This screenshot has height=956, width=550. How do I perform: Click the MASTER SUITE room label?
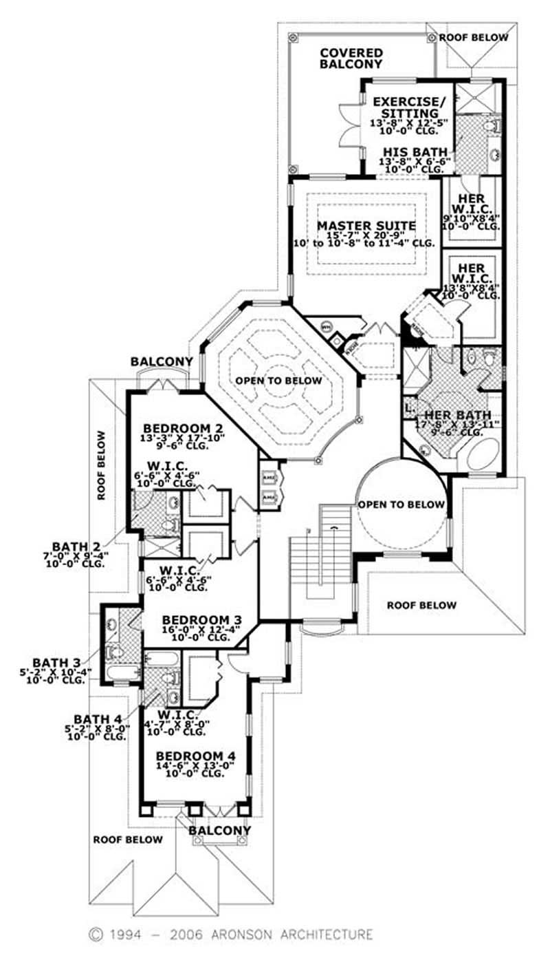[x=366, y=226]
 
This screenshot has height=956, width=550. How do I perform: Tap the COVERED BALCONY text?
[x=351, y=59]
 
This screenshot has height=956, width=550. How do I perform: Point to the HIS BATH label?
[x=415, y=152]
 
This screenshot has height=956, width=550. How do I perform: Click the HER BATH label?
[x=457, y=415]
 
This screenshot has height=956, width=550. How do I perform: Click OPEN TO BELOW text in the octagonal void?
[x=278, y=381]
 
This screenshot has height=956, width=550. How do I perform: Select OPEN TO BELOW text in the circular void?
[x=401, y=504]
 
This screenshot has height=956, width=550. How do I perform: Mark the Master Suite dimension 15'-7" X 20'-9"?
[x=366, y=235]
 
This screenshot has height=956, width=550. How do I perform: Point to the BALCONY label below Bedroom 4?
[x=219, y=831]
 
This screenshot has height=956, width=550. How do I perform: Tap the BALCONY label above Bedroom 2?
[x=162, y=361]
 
